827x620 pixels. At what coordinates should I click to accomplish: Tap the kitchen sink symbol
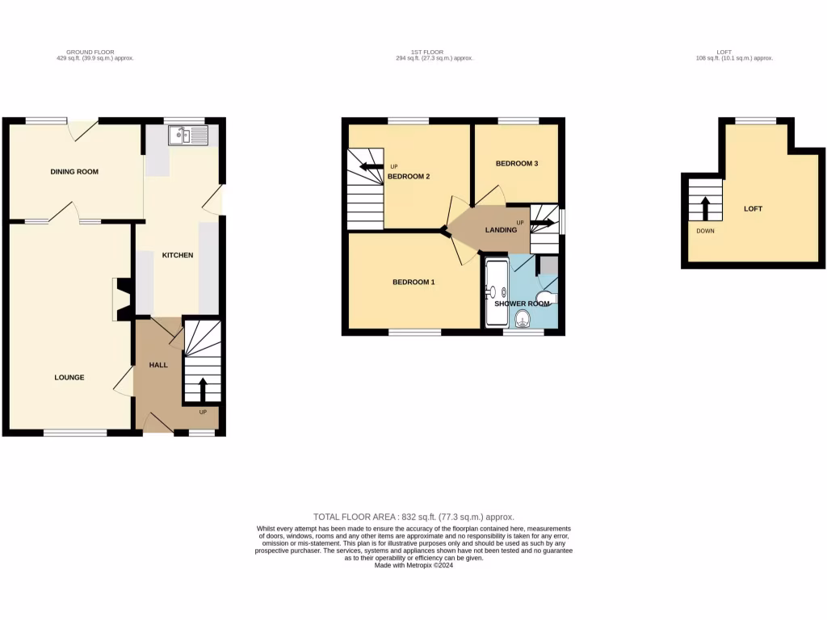click(x=187, y=135)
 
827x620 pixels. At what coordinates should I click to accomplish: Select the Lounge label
click(x=69, y=377)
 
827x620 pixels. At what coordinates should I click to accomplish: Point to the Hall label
click(x=158, y=365)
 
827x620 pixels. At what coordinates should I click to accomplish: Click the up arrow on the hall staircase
click(x=202, y=388)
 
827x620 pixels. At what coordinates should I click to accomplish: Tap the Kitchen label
click(x=178, y=255)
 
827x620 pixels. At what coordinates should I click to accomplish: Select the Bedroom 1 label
click(x=413, y=283)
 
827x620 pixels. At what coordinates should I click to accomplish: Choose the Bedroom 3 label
click(x=516, y=163)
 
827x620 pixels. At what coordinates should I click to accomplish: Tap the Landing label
click(x=501, y=230)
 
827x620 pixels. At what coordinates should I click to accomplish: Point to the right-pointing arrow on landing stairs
click(x=541, y=222)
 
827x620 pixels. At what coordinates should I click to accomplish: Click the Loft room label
click(x=753, y=208)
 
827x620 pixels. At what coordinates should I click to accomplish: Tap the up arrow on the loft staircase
click(x=705, y=207)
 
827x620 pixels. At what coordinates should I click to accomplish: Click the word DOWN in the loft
click(x=705, y=230)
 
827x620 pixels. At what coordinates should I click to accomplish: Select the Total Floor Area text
click(x=413, y=517)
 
